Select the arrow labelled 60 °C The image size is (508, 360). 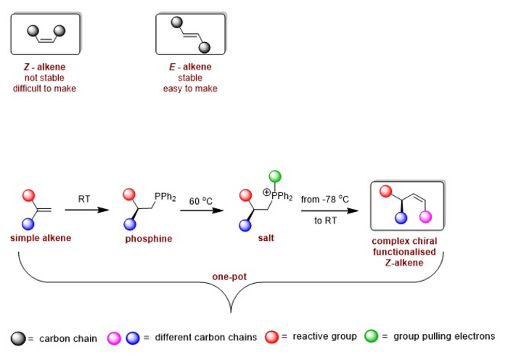200,210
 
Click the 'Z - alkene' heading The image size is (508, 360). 45,67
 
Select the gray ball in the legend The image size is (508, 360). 19,337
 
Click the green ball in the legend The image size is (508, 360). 372,336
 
